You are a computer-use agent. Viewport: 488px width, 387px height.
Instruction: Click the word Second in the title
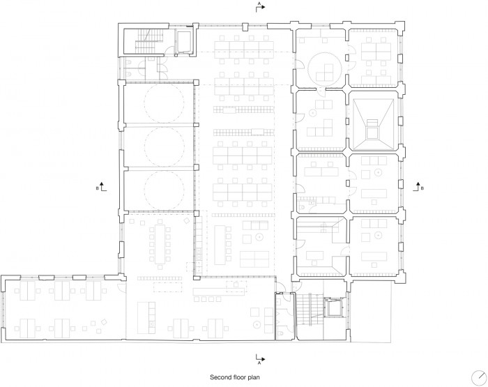pyautogui.click(x=221, y=377)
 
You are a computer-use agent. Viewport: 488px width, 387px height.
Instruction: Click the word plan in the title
pyautogui.click(x=254, y=378)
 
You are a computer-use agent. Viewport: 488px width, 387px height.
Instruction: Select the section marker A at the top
pyautogui.click(x=260, y=7)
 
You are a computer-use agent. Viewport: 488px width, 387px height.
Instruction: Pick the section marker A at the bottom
pyautogui.click(x=260, y=359)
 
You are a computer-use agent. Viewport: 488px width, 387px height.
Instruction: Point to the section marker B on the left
pyautogui.click(x=101, y=186)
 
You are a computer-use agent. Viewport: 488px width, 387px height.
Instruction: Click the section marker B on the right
pyautogui.click(x=418, y=186)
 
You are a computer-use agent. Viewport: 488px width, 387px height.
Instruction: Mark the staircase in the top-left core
pyautogui.click(x=149, y=41)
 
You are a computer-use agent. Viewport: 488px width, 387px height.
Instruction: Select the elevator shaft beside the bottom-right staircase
pyautogui.click(x=335, y=308)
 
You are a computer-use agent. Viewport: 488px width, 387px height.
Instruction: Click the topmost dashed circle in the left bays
pyautogui.click(x=164, y=103)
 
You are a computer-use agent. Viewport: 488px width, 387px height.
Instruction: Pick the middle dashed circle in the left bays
pyautogui.click(x=164, y=147)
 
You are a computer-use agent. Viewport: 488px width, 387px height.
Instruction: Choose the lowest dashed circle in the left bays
pyautogui.click(x=164, y=191)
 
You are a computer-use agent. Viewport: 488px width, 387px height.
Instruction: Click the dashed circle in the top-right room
pyautogui.click(x=325, y=69)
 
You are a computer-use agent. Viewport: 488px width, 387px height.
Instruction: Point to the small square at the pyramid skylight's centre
pyautogui.click(x=372, y=133)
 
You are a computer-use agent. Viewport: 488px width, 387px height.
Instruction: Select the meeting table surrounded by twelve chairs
pyautogui.click(x=160, y=244)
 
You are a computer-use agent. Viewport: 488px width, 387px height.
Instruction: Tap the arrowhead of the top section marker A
pyautogui.click(x=264, y=7)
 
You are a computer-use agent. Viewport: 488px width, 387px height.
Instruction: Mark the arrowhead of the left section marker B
pyautogui.click(x=101, y=183)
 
